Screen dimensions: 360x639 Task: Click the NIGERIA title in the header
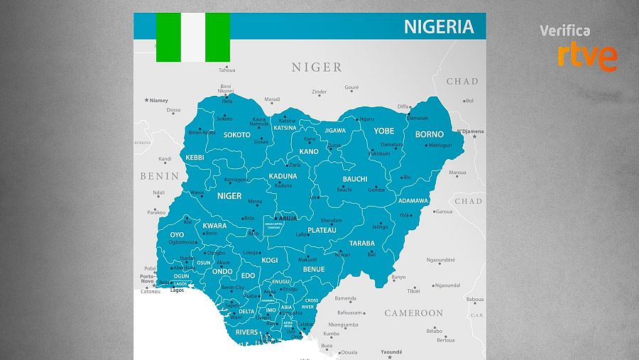tap(438, 27)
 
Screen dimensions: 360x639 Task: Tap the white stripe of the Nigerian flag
tap(193, 36)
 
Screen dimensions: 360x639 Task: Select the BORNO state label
tap(429, 134)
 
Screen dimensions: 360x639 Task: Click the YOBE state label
tap(383, 131)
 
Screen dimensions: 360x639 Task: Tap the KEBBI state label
tap(195, 157)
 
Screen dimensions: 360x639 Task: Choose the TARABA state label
tap(361, 243)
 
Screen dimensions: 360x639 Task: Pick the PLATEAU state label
tap(322, 230)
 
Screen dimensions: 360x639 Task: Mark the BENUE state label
tap(313, 269)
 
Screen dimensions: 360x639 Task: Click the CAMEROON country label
tap(413, 313)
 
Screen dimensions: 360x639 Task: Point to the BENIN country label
tap(159, 176)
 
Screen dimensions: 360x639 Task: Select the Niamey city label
tap(158, 100)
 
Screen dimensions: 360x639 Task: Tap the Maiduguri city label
tap(439, 146)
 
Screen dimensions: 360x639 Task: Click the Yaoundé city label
tap(391, 351)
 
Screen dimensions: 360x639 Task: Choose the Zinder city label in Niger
tap(319, 92)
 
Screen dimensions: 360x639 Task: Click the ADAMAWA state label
tap(413, 201)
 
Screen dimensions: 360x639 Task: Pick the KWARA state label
tap(214, 226)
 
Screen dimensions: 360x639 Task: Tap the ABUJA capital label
tap(287, 218)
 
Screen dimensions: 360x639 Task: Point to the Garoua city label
tap(444, 212)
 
